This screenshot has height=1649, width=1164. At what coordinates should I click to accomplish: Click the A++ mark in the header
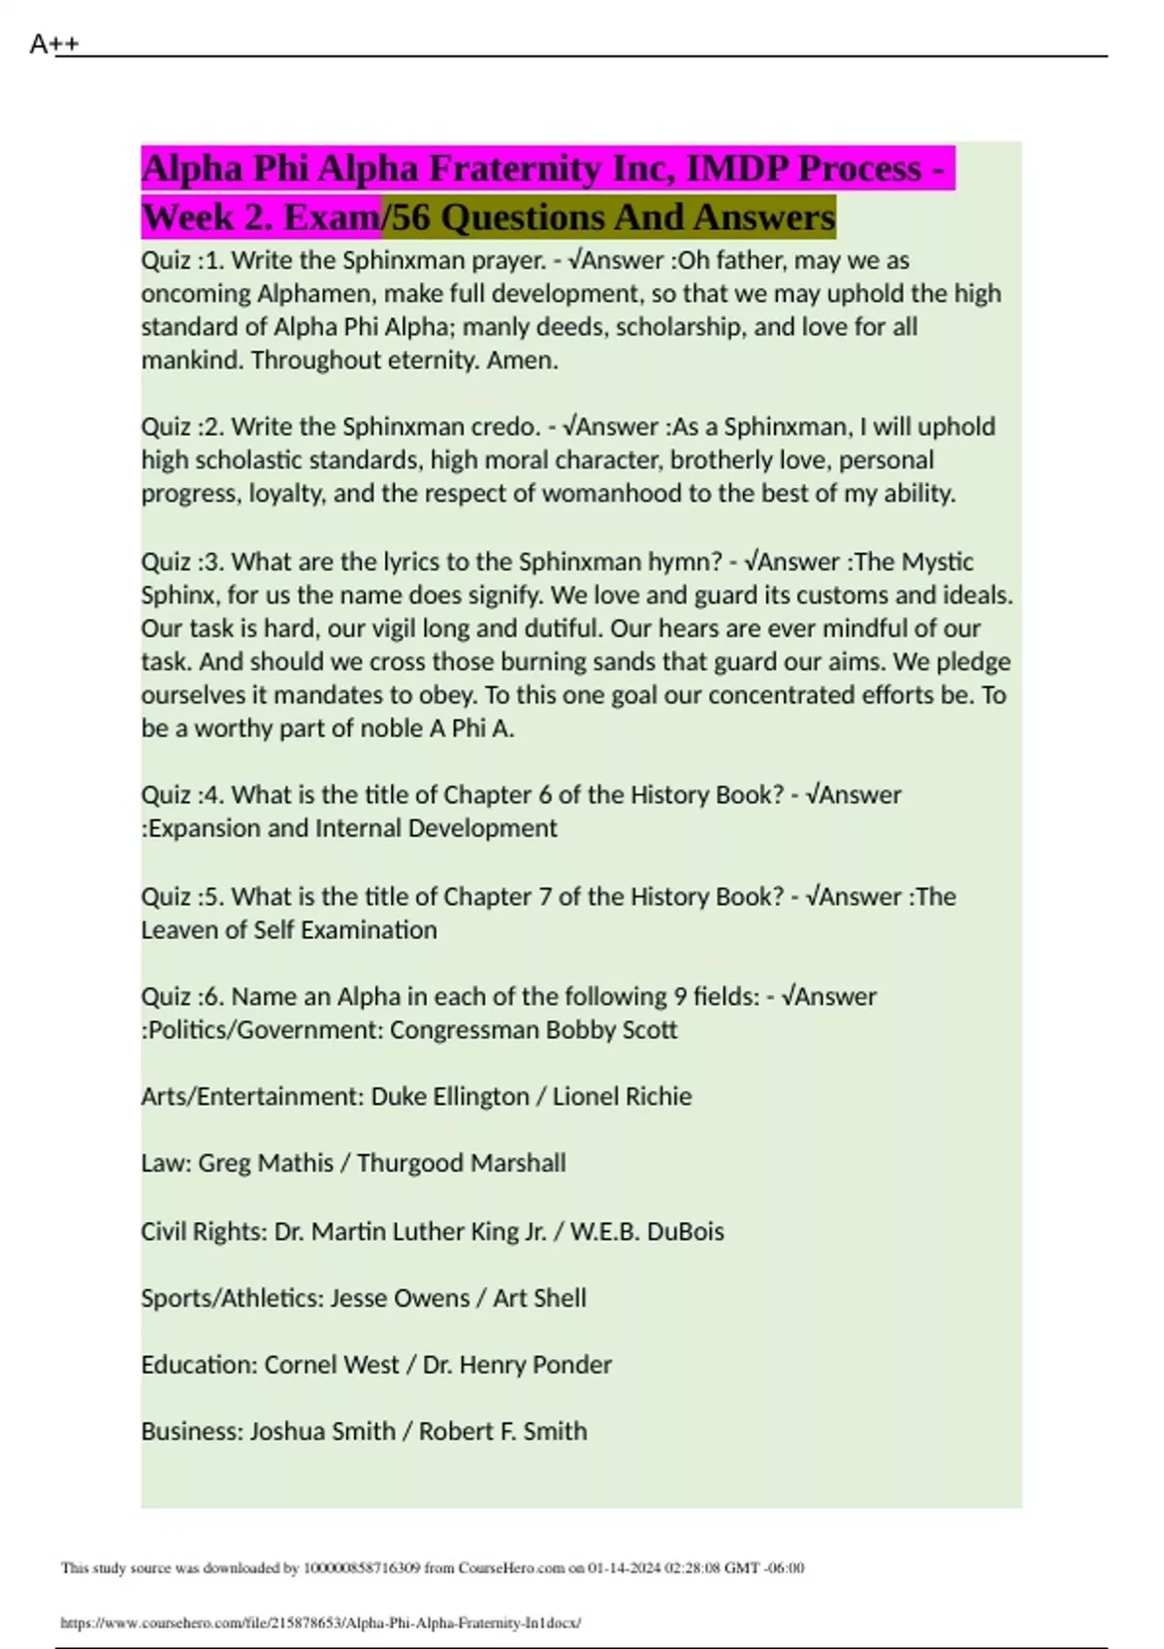pos(54,44)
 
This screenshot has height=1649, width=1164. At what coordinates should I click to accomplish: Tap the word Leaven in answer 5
pos(178,930)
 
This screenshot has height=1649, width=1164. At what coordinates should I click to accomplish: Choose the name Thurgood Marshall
pos(461,1163)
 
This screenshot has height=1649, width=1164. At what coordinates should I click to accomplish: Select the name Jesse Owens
pos(400,1299)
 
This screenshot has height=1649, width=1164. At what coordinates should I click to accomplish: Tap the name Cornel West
pos(332,1365)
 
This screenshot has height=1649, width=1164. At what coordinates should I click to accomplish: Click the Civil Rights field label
pos(202,1232)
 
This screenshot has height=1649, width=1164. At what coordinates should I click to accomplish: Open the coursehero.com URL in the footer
pos(320,1623)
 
